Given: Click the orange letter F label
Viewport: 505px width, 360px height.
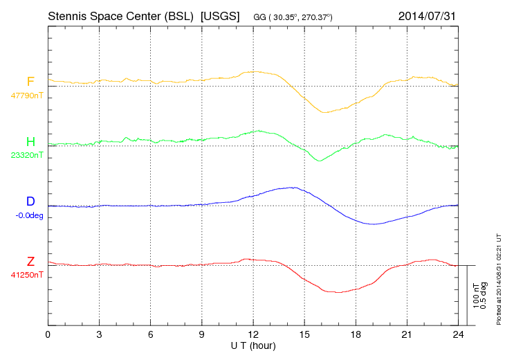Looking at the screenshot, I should click(x=30, y=82).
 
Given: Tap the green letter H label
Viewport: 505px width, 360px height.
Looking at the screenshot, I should click(x=30, y=143).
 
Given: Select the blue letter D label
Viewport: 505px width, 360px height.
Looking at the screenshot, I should click(x=30, y=202).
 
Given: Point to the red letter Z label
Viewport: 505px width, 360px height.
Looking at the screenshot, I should click(x=30, y=262).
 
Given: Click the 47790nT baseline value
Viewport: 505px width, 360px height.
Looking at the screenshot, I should click(x=26, y=96).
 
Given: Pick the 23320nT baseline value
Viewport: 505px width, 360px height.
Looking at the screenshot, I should click(x=26, y=156).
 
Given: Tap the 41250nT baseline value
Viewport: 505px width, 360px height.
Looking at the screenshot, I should click(x=26, y=276).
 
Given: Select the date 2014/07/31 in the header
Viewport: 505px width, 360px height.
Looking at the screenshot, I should click(x=428, y=15).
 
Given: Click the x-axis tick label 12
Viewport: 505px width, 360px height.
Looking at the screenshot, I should click(x=253, y=335).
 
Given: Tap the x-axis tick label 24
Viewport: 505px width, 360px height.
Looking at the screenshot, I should click(x=458, y=335).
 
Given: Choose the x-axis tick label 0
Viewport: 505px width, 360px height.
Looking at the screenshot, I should click(x=48, y=335).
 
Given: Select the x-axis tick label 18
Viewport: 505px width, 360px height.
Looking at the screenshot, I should click(x=356, y=335).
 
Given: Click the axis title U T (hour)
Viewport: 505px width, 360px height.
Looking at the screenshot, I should click(x=254, y=345).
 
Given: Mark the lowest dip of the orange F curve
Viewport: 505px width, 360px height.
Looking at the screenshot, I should click(x=323, y=112).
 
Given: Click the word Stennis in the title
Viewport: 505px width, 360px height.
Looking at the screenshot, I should click(x=70, y=15).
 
